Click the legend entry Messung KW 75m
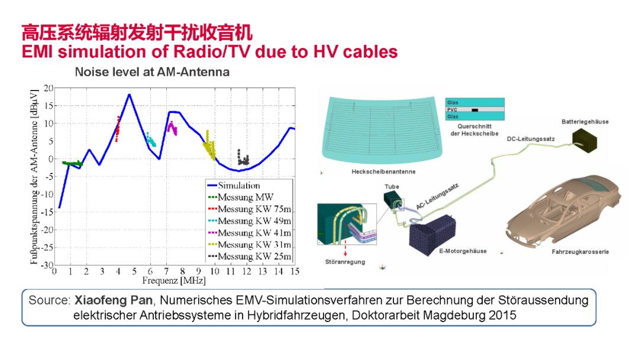[x=254, y=209]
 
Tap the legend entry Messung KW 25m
[x=254, y=256]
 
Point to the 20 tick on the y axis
[x=49, y=88]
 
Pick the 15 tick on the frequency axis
[x=294, y=271]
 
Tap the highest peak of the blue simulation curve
[x=129, y=95]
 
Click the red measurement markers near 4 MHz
[x=118, y=128]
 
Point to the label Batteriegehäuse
[x=585, y=122]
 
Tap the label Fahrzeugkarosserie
[x=580, y=252]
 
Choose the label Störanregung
[x=345, y=261]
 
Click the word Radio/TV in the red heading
[x=217, y=52]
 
